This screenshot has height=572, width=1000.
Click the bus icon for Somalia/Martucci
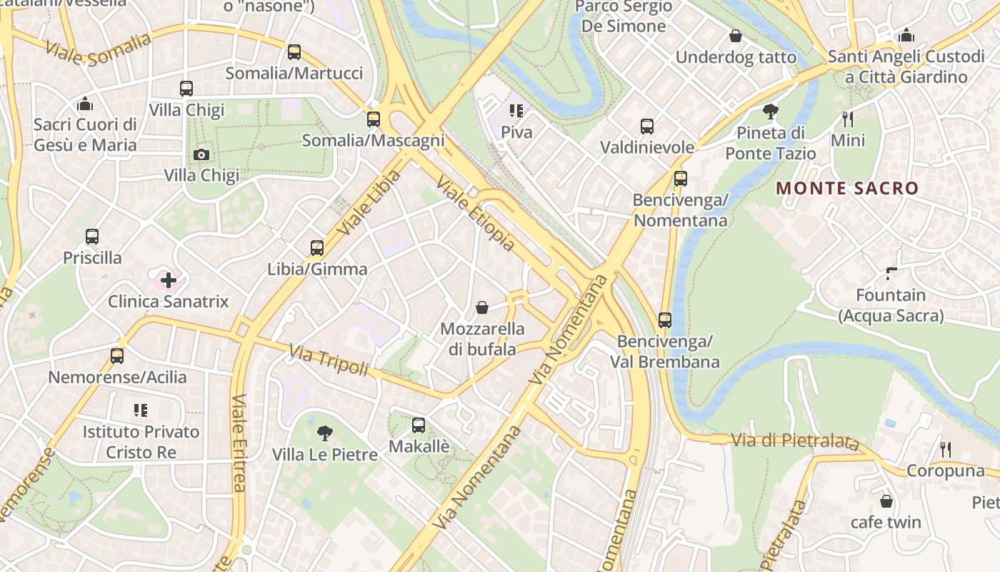[x=294, y=52]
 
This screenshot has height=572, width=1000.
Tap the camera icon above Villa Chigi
[x=201, y=154]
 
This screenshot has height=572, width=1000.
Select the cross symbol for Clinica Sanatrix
[x=169, y=280]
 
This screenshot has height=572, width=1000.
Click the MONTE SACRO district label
[x=847, y=189]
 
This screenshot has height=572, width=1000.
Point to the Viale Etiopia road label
[x=475, y=214]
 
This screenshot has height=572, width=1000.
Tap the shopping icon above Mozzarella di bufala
[x=482, y=308]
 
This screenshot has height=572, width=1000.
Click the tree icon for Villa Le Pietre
[x=324, y=433]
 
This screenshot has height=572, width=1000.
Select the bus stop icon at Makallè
[x=419, y=425]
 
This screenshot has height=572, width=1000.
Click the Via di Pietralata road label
[x=794, y=441]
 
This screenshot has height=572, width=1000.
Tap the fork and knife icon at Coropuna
[x=946, y=449]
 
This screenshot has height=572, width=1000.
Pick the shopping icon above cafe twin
[x=886, y=501]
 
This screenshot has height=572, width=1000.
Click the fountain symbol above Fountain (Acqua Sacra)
[x=891, y=273]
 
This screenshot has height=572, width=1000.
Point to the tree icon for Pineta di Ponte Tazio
[x=770, y=112]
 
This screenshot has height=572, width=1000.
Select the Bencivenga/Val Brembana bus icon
[x=665, y=320]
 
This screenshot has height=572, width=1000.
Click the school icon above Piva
[x=516, y=111]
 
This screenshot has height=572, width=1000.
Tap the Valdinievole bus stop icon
[x=647, y=127]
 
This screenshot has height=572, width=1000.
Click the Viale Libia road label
[x=369, y=203]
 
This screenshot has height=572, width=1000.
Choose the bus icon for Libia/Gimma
[x=317, y=248]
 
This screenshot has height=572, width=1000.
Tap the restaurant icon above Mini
[x=848, y=119]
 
